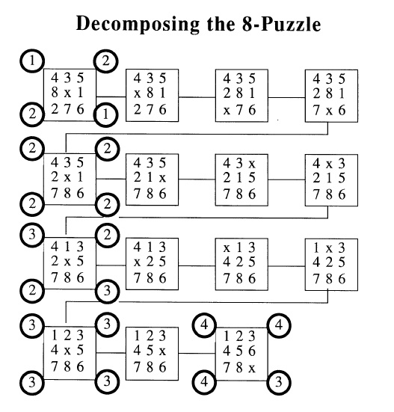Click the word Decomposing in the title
(138, 24)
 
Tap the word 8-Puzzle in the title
(281, 24)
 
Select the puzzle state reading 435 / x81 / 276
(152, 96)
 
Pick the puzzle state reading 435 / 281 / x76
(241, 96)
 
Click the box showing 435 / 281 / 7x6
(331, 96)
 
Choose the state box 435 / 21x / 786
(152, 179)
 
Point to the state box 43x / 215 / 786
(241, 180)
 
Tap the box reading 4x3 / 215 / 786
(331, 180)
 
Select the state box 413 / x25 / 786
(152, 264)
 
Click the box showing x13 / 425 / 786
(241, 265)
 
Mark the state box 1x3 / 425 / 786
(331, 265)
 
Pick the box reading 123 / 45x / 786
(152, 354)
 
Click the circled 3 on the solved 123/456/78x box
(279, 382)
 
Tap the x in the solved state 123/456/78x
(252, 369)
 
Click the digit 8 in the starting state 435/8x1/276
(55, 92)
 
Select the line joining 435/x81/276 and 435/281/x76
(197, 97)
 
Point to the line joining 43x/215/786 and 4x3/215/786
(286, 180)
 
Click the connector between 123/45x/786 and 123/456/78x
(197, 353)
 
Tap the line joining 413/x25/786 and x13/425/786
(197, 265)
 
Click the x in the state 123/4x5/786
(67, 351)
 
